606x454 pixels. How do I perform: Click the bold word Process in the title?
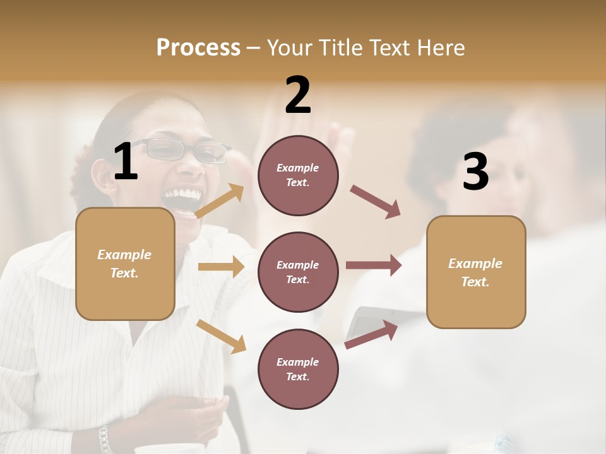pyautogui.click(x=198, y=48)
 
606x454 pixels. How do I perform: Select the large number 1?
pyautogui.click(x=126, y=161)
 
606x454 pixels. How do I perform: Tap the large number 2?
pyautogui.click(x=298, y=95)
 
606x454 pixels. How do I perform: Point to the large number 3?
pyautogui.click(x=475, y=172)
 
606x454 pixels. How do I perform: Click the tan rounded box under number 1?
pyautogui.click(x=125, y=264)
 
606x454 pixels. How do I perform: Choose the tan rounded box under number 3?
pyautogui.click(x=476, y=272)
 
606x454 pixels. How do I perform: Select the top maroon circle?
pyautogui.click(x=298, y=175)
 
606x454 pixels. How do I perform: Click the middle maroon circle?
pyautogui.click(x=298, y=272)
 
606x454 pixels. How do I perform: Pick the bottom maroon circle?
pyautogui.click(x=298, y=369)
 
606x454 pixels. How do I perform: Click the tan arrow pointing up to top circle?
pyautogui.click(x=220, y=201)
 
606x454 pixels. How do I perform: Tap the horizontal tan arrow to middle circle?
pyautogui.click(x=221, y=267)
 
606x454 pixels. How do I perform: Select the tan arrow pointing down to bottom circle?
pyautogui.click(x=222, y=336)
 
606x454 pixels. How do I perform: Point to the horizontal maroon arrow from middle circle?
pyautogui.click(x=374, y=265)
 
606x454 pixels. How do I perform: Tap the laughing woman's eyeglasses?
pyautogui.click(x=184, y=150)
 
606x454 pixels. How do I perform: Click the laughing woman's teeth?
pyautogui.click(x=182, y=194)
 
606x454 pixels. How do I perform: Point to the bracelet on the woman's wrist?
pyautogui.click(x=104, y=439)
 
